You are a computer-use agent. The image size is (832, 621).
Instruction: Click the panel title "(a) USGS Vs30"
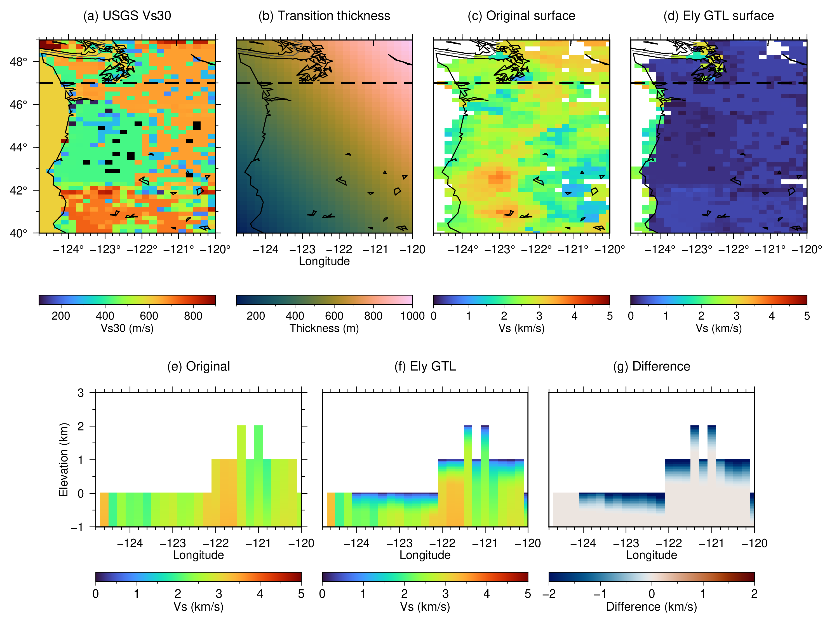pos(127,15)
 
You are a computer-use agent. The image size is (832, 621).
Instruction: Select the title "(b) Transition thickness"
pos(324,15)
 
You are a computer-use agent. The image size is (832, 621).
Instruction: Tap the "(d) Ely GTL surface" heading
pos(718,15)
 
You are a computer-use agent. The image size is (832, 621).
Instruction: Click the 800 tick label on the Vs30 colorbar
pos(193,316)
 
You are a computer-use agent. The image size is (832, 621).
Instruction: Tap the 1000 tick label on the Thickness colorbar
pos(412,316)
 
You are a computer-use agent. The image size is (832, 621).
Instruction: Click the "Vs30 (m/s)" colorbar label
pos(127,328)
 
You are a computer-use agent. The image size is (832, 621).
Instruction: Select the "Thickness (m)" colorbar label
pos(324,328)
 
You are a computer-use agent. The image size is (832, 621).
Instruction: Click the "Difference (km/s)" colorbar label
pos(651,606)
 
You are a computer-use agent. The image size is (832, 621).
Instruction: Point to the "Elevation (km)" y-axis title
pos(64,459)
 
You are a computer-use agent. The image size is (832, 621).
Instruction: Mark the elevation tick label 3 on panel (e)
pos(80,393)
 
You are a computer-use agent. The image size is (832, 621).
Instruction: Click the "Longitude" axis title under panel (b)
pos(324,261)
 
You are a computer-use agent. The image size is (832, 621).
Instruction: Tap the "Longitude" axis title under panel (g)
pos(651,555)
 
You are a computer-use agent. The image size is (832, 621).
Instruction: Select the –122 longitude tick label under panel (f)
pos(442,543)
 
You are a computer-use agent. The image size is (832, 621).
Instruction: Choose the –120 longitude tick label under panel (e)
pos(301,543)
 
